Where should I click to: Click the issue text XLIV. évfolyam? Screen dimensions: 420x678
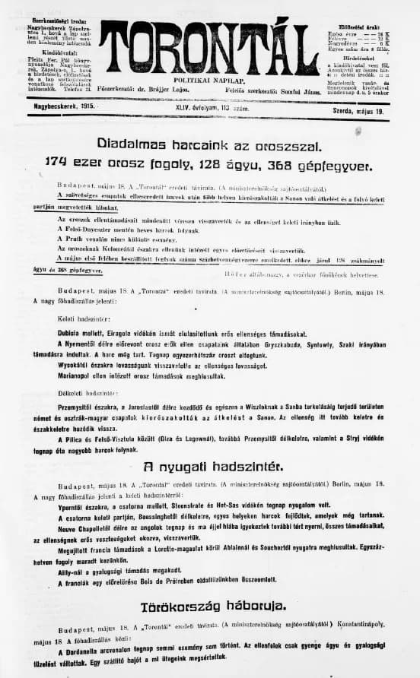point(192,109)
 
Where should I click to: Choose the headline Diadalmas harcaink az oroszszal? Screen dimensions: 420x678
point(210,143)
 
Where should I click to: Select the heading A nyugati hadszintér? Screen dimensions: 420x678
point(210,466)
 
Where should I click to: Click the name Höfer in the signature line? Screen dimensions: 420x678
point(234,273)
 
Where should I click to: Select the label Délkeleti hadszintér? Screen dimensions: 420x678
point(84,393)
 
